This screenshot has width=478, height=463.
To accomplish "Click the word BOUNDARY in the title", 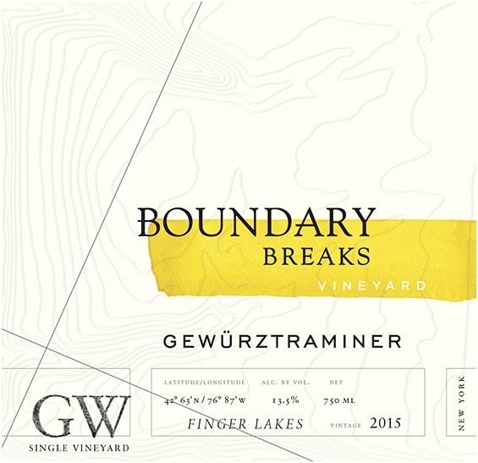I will tap(255, 222).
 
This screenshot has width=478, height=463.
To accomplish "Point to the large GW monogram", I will tap(80, 414).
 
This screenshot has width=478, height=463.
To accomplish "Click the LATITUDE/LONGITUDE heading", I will tap(202, 383).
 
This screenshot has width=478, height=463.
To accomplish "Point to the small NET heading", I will tap(335, 383).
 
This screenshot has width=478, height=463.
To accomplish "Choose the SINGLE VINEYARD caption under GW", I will tap(80, 447).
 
